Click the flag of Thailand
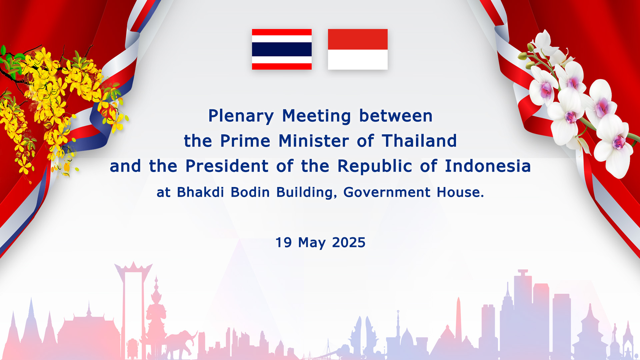282,49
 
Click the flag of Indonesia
358,49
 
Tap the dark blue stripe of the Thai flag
282,49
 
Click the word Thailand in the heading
419,141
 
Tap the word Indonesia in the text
488,166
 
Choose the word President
227,166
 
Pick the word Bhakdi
200,192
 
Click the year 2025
349,242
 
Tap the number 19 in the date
284,242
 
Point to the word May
312,243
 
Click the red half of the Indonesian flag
358,39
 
